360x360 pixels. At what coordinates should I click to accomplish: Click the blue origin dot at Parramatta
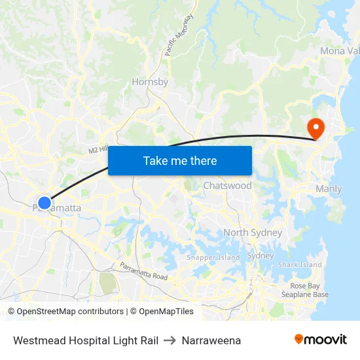click(44, 203)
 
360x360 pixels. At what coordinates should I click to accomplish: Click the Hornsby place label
click(150, 82)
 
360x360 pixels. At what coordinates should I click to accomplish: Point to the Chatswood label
click(227, 186)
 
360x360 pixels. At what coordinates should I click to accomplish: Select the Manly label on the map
click(329, 189)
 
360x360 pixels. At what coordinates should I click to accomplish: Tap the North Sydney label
click(253, 232)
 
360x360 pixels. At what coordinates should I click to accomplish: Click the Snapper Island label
click(213, 257)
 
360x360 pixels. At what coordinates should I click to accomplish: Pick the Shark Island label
click(300, 264)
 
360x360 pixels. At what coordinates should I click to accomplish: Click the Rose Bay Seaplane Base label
click(310, 290)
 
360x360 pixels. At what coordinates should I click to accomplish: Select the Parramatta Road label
click(143, 271)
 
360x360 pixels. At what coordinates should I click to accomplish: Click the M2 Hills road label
click(98, 150)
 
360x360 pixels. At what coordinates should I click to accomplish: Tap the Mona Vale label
click(339, 51)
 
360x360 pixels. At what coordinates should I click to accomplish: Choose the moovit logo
click(321, 340)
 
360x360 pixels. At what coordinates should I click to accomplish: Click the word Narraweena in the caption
click(211, 340)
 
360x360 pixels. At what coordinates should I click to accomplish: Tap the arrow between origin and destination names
click(170, 340)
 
